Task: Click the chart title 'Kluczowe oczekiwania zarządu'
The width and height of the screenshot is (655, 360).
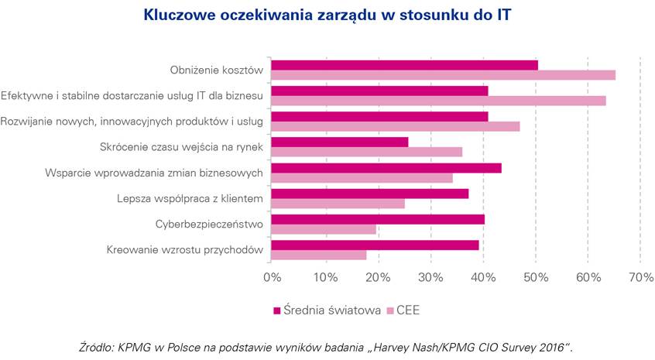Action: (327, 15)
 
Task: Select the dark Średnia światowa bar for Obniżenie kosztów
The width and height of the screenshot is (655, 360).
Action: (404, 64)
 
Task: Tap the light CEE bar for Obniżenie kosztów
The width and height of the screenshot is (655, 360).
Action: (443, 75)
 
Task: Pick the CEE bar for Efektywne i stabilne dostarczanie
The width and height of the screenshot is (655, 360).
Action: (438, 101)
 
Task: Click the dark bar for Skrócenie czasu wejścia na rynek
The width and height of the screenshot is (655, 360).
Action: (340, 142)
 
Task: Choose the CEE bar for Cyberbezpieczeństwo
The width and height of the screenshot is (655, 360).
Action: (324, 229)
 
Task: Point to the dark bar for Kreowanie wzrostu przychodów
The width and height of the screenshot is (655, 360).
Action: (375, 245)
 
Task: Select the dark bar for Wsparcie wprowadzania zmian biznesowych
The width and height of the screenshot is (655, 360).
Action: (386, 168)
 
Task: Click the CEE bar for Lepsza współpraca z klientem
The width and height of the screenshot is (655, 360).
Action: (338, 204)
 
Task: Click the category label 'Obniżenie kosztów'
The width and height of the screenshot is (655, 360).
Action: (217, 70)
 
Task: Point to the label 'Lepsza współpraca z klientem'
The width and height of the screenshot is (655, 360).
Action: (187, 199)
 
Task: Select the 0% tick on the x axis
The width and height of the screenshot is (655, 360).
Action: (272, 277)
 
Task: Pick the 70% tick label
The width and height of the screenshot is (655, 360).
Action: (640, 277)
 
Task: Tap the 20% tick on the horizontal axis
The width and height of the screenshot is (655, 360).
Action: (377, 277)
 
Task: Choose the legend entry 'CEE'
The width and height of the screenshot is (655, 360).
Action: (407, 310)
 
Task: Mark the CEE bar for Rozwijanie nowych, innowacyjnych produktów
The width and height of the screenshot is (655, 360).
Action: (396, 126)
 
